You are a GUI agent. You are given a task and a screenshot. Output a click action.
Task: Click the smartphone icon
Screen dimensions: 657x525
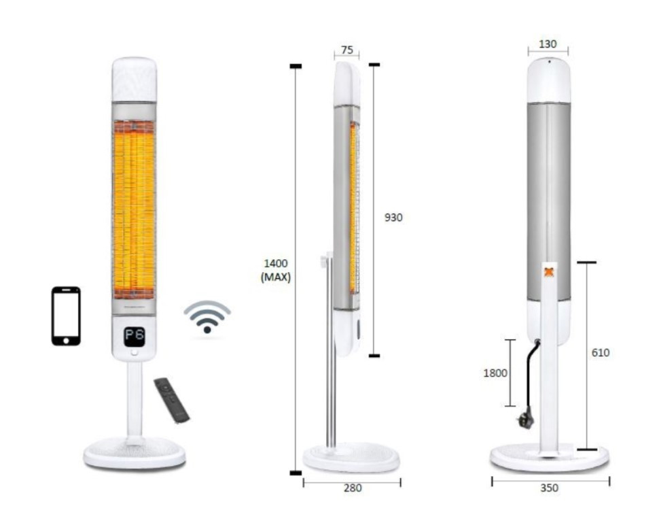click(x=66, y=316)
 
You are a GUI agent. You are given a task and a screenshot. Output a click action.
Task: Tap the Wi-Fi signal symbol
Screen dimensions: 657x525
click(x=207, y=317)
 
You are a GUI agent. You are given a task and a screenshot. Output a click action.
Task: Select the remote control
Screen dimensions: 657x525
click(x=172, y=400)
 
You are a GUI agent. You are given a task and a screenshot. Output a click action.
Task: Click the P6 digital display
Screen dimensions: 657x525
click(x=135, y=336)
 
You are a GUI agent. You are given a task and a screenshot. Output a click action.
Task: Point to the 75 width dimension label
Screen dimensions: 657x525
click(x=347, y=50)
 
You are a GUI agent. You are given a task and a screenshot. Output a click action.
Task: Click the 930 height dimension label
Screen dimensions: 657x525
click(x=393, y=217)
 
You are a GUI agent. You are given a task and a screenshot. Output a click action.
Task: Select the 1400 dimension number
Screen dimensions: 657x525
click(x=276, y=263)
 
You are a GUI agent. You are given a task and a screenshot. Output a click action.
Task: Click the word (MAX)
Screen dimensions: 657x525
click(x=276, y=277)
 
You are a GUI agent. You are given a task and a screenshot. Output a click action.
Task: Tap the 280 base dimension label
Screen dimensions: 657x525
click(x=353, y=488)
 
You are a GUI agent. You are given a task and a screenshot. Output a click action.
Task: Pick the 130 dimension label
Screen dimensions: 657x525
click(x=548, y=44)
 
